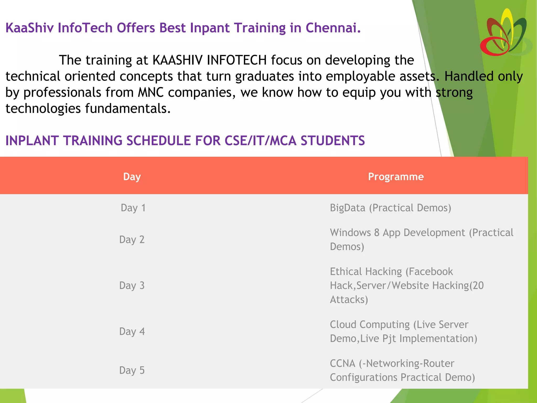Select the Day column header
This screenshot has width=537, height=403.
132,177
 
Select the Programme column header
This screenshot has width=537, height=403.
396,177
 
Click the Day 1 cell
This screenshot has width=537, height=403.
133,208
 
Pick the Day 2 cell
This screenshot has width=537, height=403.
132,240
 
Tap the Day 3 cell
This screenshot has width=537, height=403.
132,285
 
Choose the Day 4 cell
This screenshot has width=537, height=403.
132,331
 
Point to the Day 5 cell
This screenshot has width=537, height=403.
132,370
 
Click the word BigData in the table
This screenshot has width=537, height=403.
347,208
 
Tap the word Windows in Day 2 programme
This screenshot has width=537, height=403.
350,233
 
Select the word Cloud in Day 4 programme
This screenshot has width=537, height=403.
343,325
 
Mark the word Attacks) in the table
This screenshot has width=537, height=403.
349,300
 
